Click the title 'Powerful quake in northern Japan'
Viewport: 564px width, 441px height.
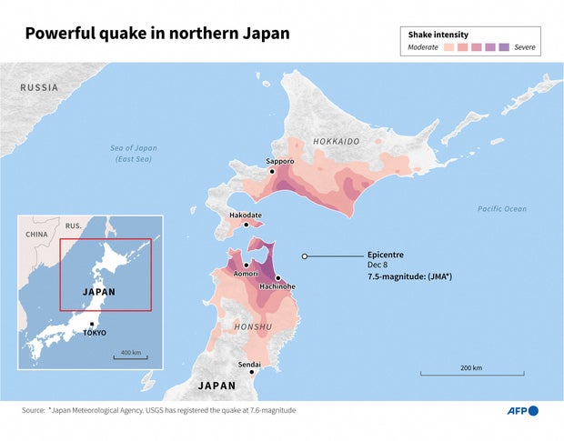click(x=156, y=34)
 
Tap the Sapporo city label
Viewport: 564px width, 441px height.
click(x=280, y=161)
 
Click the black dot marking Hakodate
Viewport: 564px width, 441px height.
click(x=247, y=226)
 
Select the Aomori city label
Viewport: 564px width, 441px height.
click(x=246, y=274)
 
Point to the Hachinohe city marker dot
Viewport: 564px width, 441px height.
click(x=277, y=277)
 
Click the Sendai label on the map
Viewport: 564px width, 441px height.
click(x=248, y=364)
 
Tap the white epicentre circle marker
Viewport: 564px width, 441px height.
click(x=305, y=256)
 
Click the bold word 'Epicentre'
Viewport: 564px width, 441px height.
click(x=385, y=255)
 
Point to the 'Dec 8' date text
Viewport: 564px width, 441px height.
click(x=380, y=265)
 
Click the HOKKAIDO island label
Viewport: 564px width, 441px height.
click(x=336, y=142)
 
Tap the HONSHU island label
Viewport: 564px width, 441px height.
click(x=251, y=326)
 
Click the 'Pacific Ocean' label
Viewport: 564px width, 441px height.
click(x=501, y=209)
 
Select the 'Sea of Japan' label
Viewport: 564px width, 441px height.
click(x=133, y=148)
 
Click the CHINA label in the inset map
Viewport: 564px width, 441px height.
click(x=36, y=234)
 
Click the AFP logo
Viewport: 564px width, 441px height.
click(x=522, y=411)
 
